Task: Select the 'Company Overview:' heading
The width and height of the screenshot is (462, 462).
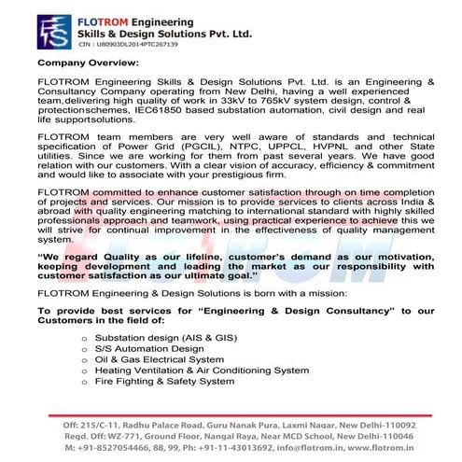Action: pyautogui.click(x=88, y=63)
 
